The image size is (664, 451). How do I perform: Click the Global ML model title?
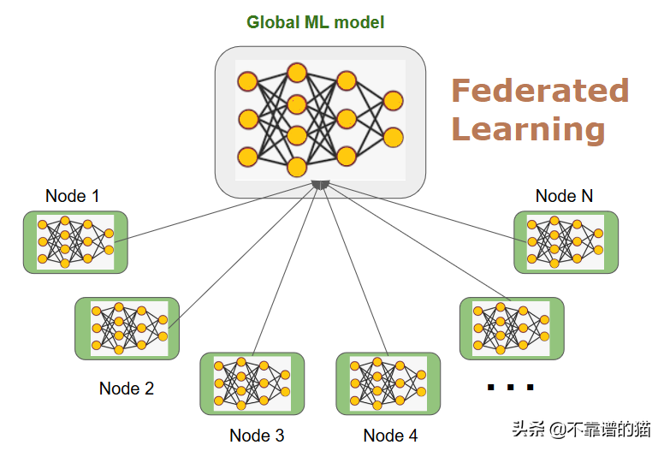click(x=316, y=22)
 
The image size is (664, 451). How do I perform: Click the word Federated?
click(x=540, y=91)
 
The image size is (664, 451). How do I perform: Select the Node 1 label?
click(x=73, y=196)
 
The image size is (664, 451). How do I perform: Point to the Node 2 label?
click(x=127, y=389)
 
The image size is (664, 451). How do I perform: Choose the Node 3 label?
click(x=257, y=436)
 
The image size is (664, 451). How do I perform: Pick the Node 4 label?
click(x=390, y=436)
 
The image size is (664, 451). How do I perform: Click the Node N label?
click(x=564, y=196)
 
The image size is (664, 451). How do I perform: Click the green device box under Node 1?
click(x=75, y=242)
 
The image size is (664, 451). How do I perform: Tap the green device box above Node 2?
click(x=127, y=329)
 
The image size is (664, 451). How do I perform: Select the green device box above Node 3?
click(x=252, y=383)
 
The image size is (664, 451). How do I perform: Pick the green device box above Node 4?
click(x=388, y=383)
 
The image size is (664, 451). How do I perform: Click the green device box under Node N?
click(x=566, y=242)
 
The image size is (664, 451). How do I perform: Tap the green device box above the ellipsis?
click(x=512, y=329)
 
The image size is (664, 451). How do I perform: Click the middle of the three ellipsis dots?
click(x=511, y=387)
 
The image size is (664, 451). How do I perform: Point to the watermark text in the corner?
click(x=581, y=430)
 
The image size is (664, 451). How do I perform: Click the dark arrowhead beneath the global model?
click(x=321, y=185)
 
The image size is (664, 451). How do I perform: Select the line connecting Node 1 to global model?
click(x=214, y=213)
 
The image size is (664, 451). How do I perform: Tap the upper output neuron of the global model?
click(x=393, y=101)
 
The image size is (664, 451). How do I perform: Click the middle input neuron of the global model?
click(x=248, y=119)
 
